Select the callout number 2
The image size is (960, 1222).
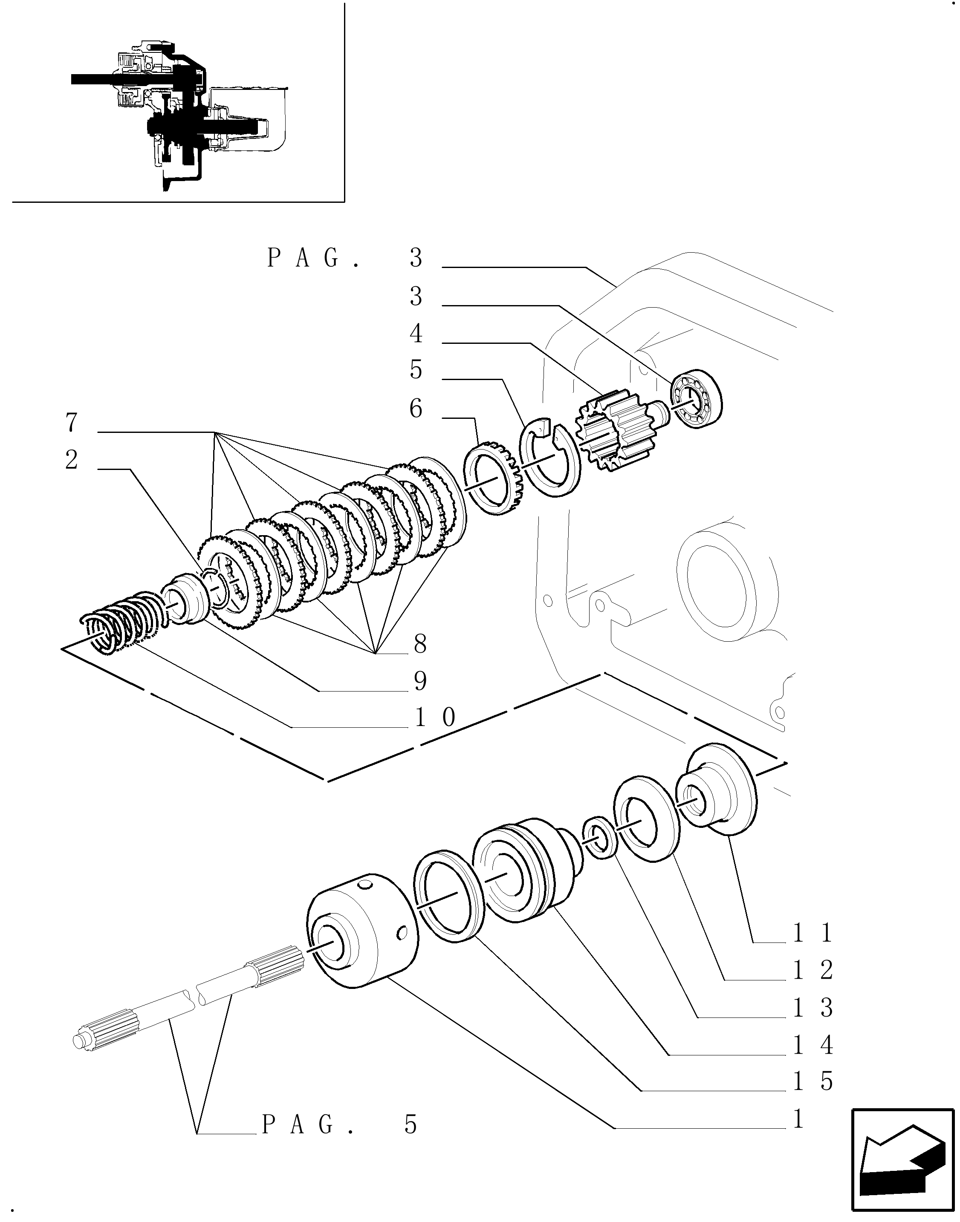[x=71, y=460]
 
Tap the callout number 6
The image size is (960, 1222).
[x=416, y=409]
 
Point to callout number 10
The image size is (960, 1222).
[x=435, y=718]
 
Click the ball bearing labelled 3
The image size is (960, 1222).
[x=697, y=400]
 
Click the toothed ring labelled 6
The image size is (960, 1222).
[x=494, y=478]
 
